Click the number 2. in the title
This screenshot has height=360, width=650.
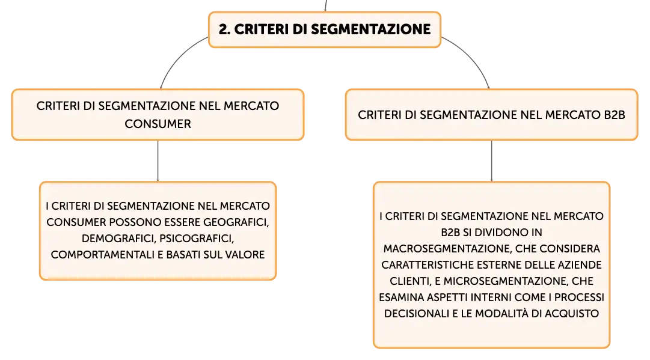coord(224,29)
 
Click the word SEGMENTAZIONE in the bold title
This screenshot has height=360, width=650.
coord(370,29)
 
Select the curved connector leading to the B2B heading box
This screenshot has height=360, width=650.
coord(469,58)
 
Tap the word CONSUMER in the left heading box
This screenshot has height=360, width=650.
coord(158,124)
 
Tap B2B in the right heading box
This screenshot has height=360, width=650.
coord(615,115)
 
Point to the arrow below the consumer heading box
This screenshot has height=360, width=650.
coord(158,160)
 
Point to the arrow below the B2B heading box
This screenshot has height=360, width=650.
coord(492,160)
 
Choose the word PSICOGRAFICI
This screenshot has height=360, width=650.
coord(197,239)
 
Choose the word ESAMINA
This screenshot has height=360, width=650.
coord(401,297)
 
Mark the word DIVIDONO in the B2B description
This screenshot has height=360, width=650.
coord(503,233)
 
